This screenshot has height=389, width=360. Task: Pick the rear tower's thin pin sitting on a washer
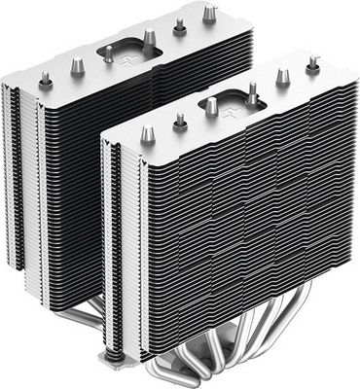[x=180, y=25]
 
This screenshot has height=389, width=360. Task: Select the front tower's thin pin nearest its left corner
[x=180, y=121]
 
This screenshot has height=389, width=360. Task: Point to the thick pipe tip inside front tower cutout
[x=211, y=107]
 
